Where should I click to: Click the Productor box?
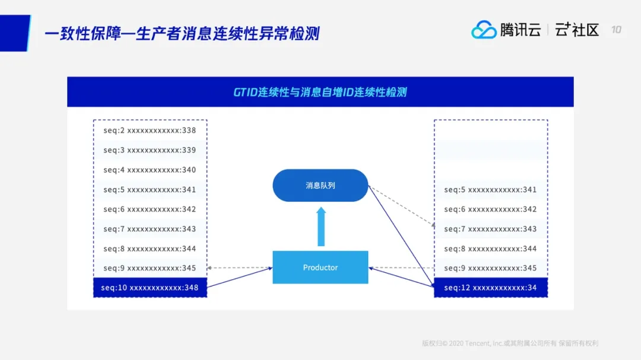tap(320, 267)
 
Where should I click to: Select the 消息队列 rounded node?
tap(320, 186)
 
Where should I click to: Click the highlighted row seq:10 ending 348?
tap(150, 288)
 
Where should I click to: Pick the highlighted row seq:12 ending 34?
tap(491, 288)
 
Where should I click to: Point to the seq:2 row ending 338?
tap(150, 130)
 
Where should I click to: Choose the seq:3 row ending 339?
tap(150, 150)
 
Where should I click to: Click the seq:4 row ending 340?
tap(150, 170)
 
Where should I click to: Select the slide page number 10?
tap(616, 30)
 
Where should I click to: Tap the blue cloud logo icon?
tap(484, 30)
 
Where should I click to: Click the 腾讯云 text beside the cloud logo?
tap(521, 30)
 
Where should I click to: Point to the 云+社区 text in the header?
tap(577, 30)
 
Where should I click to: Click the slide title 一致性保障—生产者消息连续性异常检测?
tap(182, 33)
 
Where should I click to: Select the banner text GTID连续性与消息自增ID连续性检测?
tap(320, 92)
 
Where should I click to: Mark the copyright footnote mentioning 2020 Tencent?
tap(510, 343)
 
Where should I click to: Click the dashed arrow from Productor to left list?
tap(240, 268)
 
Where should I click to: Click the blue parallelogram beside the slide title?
tap(14, 33)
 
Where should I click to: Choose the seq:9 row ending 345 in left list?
tap(150, 268)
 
